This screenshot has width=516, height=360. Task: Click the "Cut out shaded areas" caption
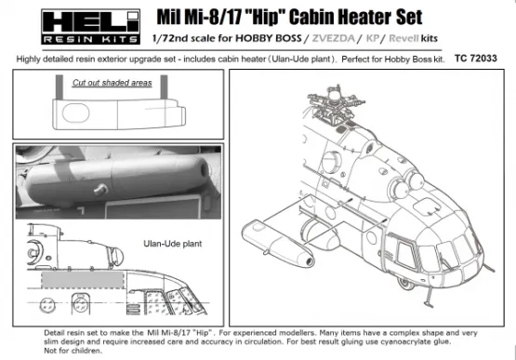pos(113,83)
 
